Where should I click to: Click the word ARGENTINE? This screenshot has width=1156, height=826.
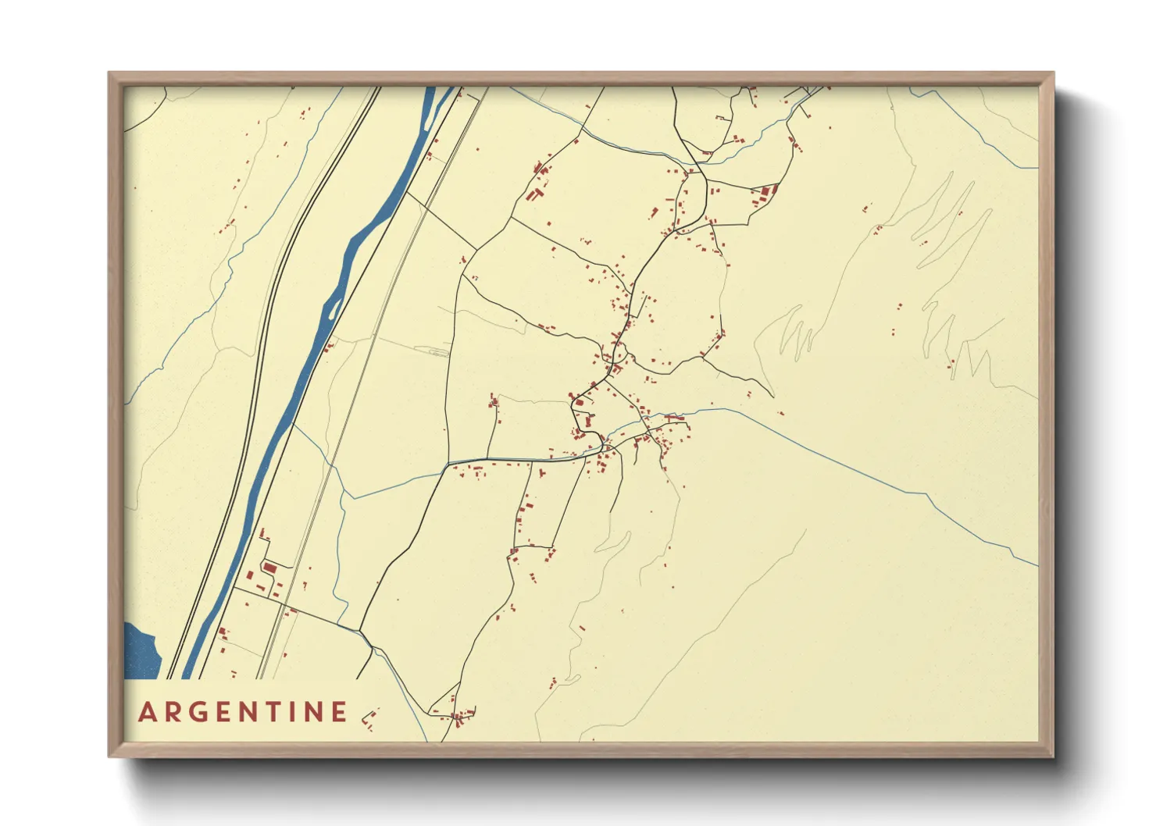[243, 712]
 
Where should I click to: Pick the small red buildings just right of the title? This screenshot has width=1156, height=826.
[369, 718]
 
